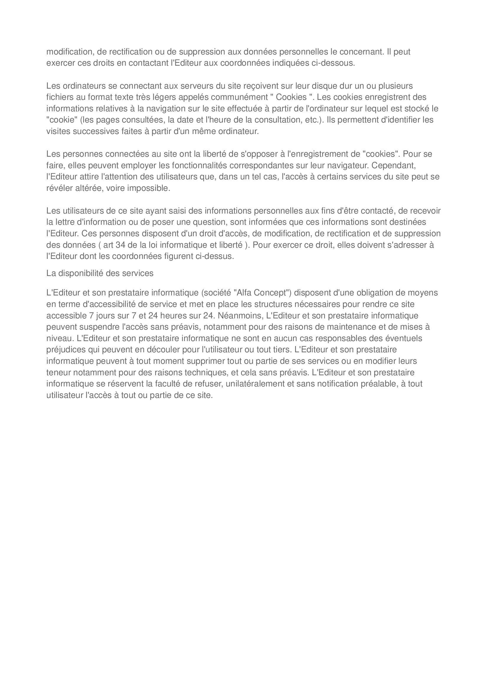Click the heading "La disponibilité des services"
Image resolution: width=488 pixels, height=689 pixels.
(x=100, y=273)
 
